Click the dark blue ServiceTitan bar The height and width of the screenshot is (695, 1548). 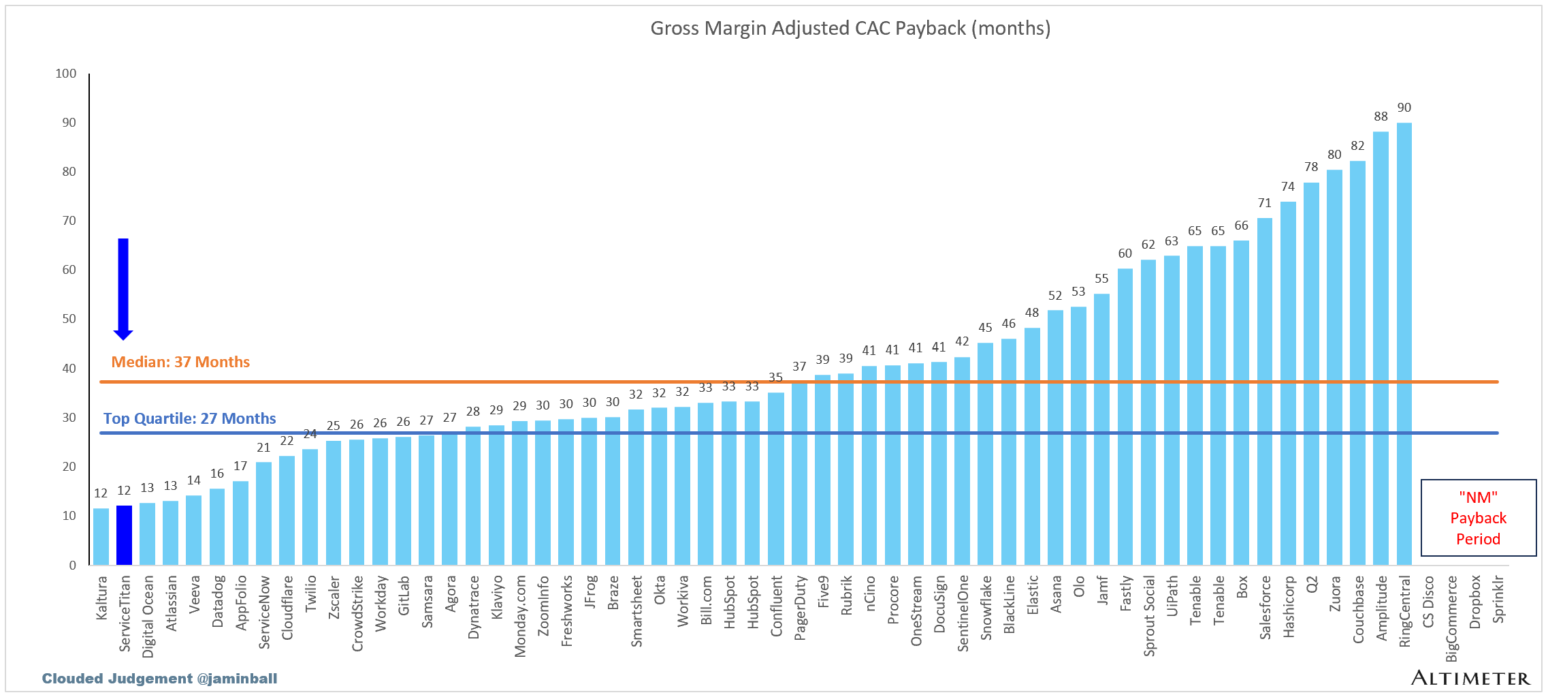(x=124, y=535)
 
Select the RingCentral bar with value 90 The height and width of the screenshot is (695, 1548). (x=1404, y=344)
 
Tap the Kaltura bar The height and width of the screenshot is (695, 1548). (x=101, y=536)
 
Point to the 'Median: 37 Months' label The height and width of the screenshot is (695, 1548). (x=180, y=362)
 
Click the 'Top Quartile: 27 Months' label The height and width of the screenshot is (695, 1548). (x=189, y=418)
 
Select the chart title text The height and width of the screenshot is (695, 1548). (x=850, y=28)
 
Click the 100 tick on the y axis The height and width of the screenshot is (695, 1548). (x=66, y=74)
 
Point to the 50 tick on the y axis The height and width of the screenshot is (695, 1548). (x=69, y=319)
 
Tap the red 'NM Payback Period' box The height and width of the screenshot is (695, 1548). (x=1478, y=518)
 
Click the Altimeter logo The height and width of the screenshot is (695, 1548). (x=1470, y=678)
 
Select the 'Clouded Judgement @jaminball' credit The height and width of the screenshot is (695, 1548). (x=159, y=679)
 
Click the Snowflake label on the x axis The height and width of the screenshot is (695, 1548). (x=986, y=608)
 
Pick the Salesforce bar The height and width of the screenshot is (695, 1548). (x=1265, y=391)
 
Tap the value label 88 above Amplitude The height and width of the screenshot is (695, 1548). (x=1381, y=117)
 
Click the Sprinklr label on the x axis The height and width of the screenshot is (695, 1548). (x=1498, y=599)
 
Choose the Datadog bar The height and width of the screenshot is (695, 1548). (x=217, y=526)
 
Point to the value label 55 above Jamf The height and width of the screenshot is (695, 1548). (x=1101, y=279)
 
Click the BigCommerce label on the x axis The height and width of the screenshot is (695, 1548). (x=1451, y=618)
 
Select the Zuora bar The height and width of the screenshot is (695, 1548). (x=1334, y=367)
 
